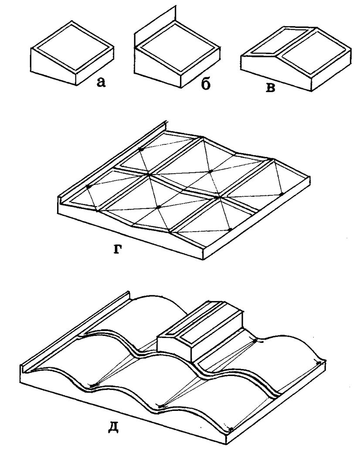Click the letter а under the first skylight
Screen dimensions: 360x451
pos(101,82)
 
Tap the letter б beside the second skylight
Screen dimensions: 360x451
pos(205,84)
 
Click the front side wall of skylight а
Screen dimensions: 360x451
pos(53,66)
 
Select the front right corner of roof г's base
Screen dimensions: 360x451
pos(204,259)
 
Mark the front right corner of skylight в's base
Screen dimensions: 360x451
pos(312,91)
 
